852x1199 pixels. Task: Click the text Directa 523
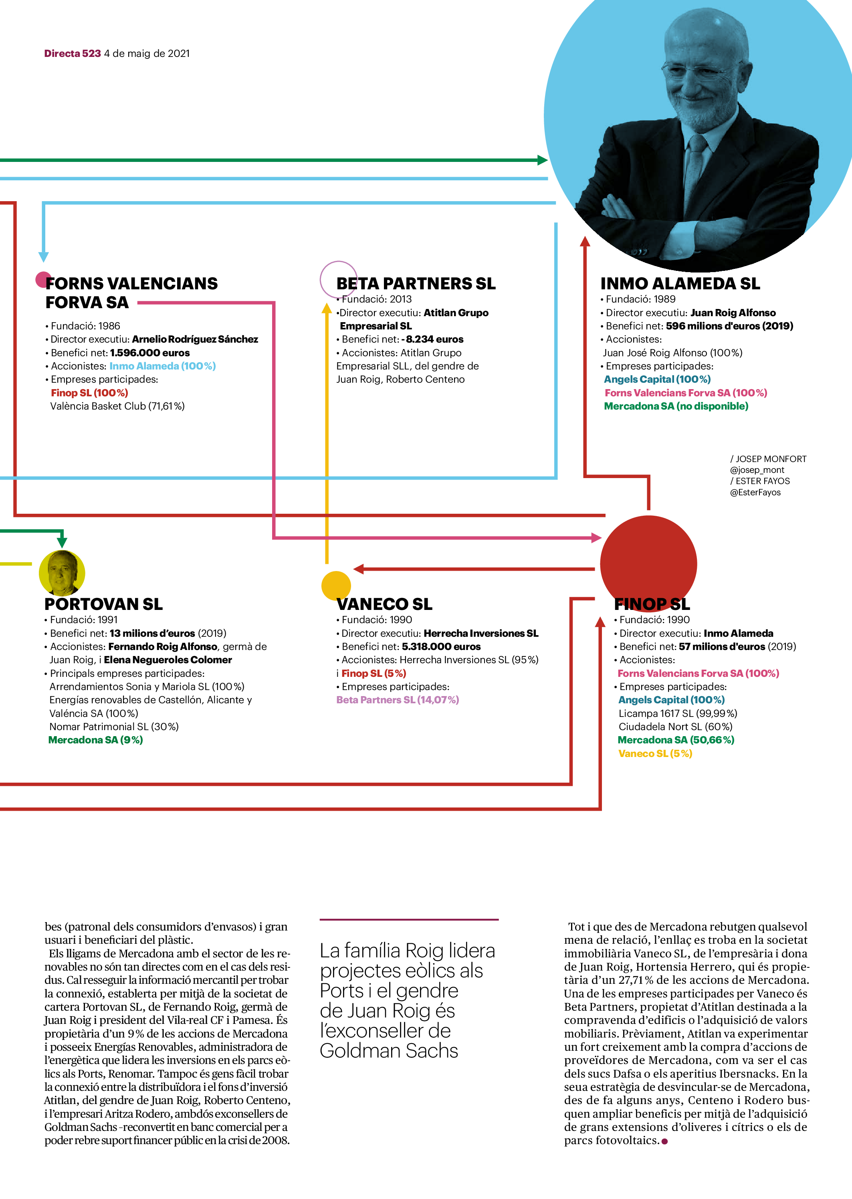click(73, 54)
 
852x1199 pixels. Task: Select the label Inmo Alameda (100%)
click(162, 366)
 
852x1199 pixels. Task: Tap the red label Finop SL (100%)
click(89, 393)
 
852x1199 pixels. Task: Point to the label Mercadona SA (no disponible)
click(676, 406)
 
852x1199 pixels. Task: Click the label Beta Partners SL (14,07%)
click(397, 700)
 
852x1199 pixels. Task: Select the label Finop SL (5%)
click(374, 674)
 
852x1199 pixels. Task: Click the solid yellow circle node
click(336, 585)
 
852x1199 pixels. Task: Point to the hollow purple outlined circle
click(338, 280)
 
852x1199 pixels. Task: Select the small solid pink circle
click(43, 280)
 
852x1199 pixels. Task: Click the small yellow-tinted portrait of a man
click(62, 573)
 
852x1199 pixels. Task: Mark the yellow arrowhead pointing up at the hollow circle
click(326, 309)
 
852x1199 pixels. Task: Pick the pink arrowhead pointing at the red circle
click(596, 538)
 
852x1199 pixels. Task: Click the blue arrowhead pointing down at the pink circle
click(44, 257)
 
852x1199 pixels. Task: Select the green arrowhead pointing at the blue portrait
click(543, 160)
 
